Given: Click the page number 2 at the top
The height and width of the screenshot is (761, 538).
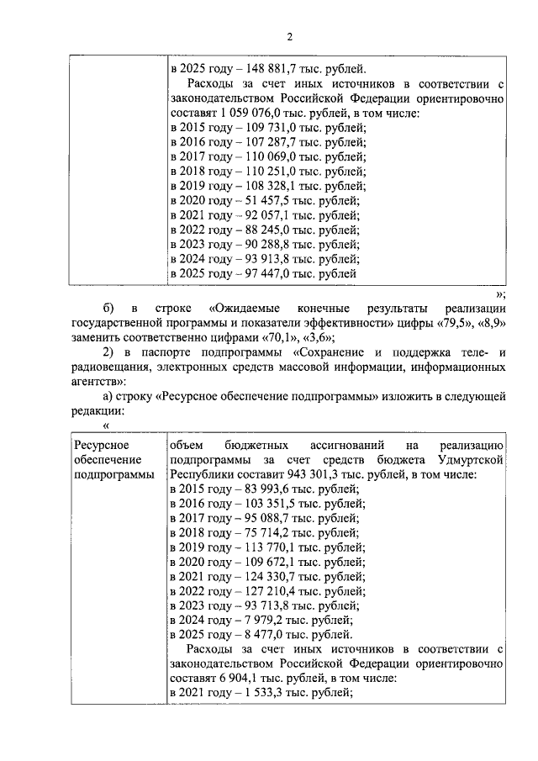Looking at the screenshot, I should click(288, 36).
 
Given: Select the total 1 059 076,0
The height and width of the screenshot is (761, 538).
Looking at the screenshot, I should click(260, 114).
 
